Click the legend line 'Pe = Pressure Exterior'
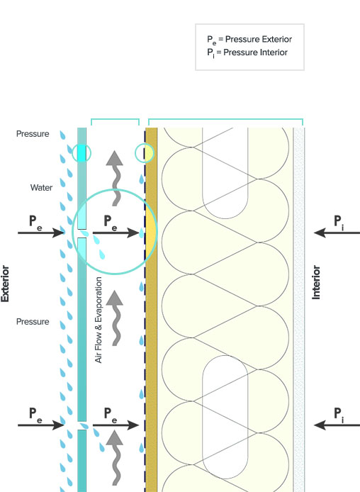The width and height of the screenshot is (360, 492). [249, 40]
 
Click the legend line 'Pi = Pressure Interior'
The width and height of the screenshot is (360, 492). [247, 52]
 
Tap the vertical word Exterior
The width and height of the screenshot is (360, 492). [5, 284]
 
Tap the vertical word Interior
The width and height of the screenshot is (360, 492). [316, 282]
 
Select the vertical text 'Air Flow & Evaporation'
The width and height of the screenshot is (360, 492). [99, 320]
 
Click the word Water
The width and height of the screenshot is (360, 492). [41, 188]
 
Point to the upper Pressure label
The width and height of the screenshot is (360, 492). [33, 134]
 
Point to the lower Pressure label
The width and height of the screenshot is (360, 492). [33, 322]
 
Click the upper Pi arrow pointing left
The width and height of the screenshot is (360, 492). [337, 233]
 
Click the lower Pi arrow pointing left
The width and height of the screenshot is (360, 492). [337, 425]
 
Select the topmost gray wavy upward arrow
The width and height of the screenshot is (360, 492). [115, 178]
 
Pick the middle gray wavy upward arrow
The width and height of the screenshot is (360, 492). [115, 318]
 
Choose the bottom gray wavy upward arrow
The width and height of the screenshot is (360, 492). [115, 457]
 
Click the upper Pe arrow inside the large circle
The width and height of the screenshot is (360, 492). [116, 233]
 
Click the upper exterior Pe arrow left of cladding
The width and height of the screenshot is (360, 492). [41, 233]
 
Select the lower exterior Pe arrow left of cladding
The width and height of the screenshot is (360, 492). [41, 425]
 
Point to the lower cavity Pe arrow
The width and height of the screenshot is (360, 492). [116, 425]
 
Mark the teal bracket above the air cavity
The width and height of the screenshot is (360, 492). [115, 119]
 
